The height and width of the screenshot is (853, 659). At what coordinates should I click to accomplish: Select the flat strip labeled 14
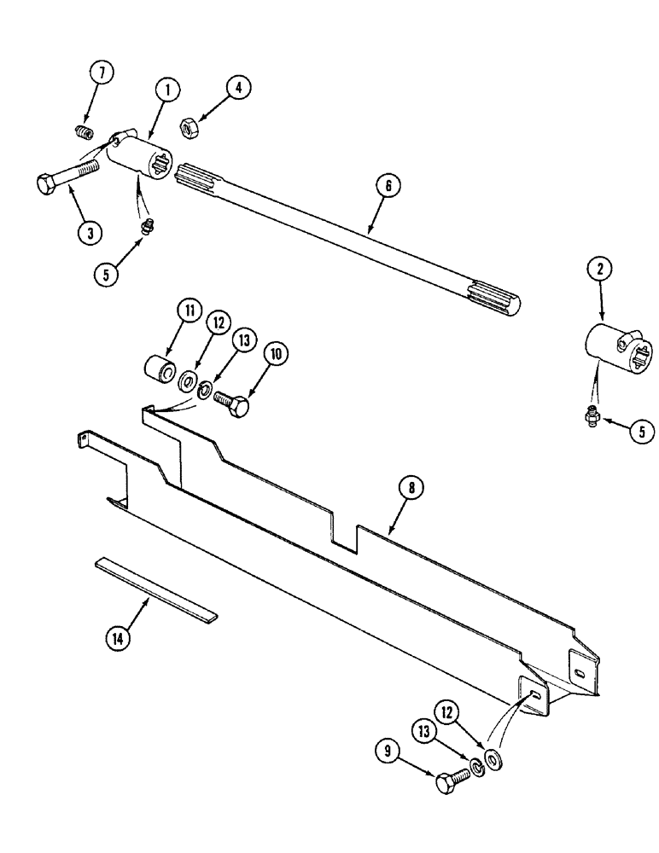click(x=156, y=589)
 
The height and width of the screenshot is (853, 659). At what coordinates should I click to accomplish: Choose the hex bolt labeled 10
click(x=231, y=402)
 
